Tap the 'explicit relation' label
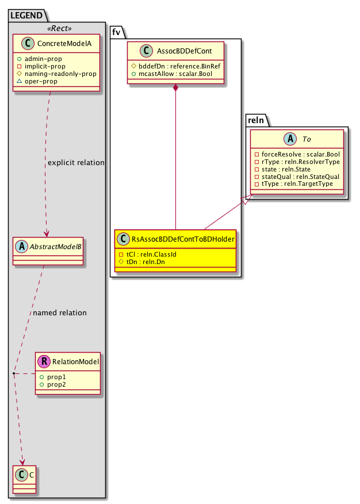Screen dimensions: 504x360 tap(76, 163)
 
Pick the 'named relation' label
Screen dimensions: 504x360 tap(60, 313)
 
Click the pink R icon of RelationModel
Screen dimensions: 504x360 tap(45, 361)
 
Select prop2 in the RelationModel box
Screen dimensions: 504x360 tap(56, 384)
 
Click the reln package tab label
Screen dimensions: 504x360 tap(256, 120)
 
